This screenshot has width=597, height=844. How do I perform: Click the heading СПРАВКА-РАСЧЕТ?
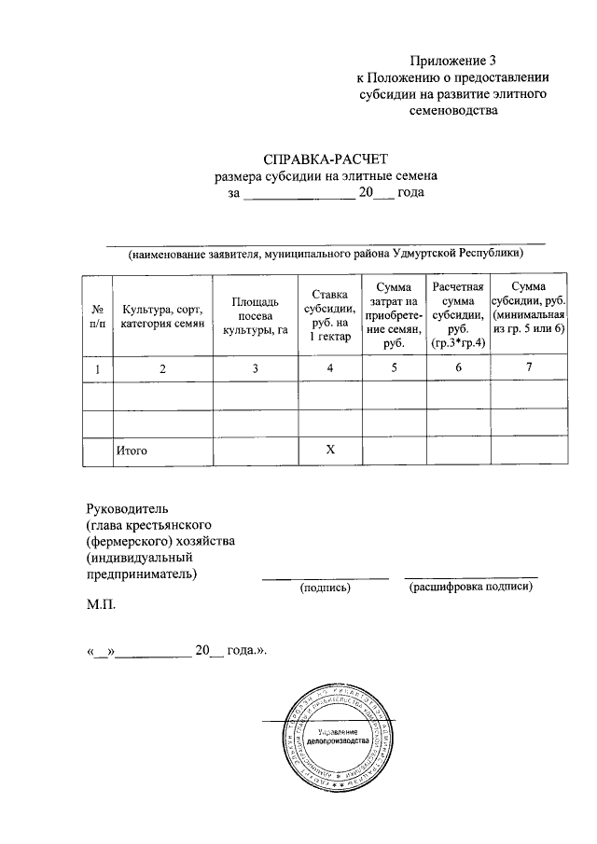[x=325, y=158]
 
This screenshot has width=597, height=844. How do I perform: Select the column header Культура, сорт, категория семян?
[x=162, y=315]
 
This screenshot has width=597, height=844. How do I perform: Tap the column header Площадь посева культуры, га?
[x=255, y=315]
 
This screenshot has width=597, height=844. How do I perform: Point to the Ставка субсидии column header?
[x=329, y=315]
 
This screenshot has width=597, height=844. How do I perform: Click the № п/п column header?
[x=97, y=315]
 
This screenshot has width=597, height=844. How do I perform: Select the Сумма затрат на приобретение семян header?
[x=393, y=315]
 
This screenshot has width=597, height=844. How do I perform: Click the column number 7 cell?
[x=529, y=367]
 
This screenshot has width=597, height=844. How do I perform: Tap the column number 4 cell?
[x=329, y=368]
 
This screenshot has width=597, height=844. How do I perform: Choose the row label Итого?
[x=132, y=450]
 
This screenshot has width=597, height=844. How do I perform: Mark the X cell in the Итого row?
[x=329, y=450]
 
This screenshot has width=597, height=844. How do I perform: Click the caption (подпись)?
[x=324, y=588]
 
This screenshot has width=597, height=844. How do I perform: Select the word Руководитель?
[x=126, y=508]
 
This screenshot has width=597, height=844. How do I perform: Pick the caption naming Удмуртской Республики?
[x=326, y=254]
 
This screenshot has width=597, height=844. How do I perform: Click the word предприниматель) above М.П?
[x=141, y=574]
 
